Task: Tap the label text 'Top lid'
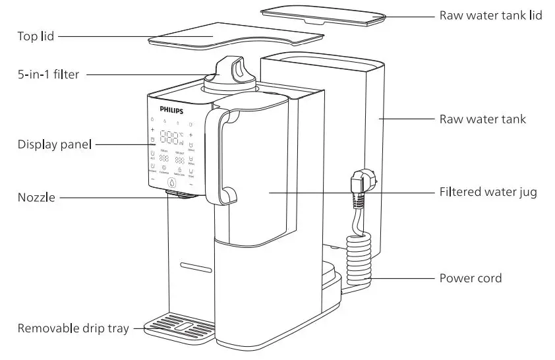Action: [36, 36]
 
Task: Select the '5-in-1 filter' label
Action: [48, 75]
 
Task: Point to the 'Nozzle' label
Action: [36, 197]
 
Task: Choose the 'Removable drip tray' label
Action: [73, 328]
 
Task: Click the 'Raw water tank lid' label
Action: [490, 15]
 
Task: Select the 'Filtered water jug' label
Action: [488, 193]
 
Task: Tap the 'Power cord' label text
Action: [470, 278]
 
